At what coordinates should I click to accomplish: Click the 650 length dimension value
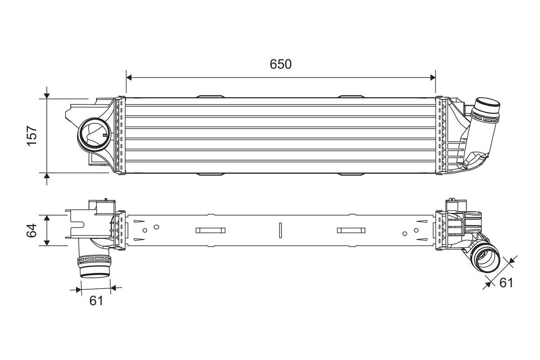(281, 64)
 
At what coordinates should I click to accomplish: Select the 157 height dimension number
(31, 135)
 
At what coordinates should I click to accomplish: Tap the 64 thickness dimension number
(31, 230)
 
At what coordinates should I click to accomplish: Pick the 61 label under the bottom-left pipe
(96, 301)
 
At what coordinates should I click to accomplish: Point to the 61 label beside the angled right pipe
(506, 283)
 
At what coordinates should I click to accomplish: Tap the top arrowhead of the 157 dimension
(47, 95)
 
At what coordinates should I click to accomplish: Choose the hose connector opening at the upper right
(486, 108)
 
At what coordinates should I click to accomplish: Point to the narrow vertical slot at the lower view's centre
(280, 230)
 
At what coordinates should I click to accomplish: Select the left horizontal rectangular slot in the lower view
(210, 230)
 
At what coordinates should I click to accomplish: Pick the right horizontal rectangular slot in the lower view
(351, 230)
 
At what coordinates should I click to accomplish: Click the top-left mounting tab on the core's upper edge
(210, 96)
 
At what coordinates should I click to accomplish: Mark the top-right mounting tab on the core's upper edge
(351, 96)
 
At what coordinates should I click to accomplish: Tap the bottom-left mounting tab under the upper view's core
(210, 174)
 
